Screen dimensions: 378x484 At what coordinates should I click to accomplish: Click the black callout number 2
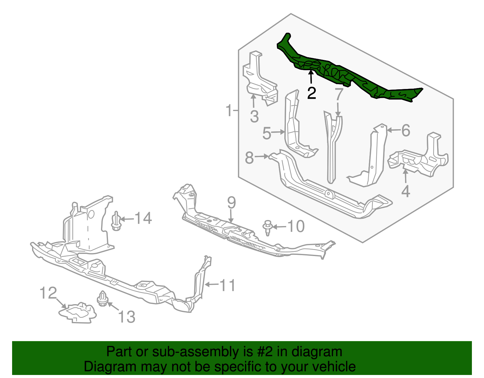click(312, 93)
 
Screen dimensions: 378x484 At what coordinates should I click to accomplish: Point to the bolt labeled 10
click(267, 228)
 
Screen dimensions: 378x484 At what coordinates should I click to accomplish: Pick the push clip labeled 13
click(103, 298)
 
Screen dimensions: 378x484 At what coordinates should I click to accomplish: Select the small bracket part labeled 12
click(78, 313)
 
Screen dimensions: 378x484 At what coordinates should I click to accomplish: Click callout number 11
click(227, 285)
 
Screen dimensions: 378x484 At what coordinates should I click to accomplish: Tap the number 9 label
click(231, 202)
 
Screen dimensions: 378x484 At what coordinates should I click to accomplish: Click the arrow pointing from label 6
click(394, 130)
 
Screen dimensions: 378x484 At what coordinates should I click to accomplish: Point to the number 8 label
click(249, 158)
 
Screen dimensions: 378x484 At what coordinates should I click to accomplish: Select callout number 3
click(254, 116)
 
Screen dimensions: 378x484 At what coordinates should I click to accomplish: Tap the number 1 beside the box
click(230, 110)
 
